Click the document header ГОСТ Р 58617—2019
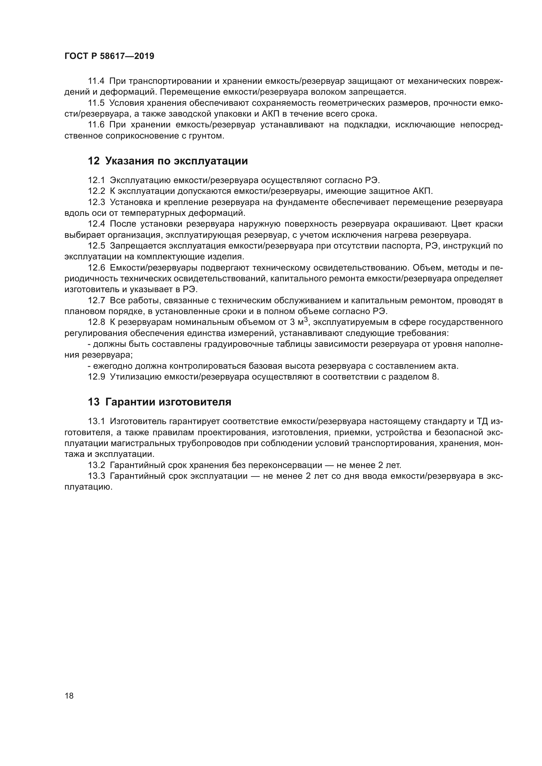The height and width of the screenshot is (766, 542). [109, 56]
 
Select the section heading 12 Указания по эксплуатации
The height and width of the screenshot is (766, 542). [168, 161]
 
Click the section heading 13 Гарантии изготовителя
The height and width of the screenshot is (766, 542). [160, 402]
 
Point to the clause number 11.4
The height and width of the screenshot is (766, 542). [96, 81]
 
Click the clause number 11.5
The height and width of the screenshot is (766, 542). [96, 103]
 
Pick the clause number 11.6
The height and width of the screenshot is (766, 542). [96, 125]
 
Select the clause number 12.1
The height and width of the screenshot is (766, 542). [96, 180]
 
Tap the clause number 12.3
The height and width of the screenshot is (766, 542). [96, 202]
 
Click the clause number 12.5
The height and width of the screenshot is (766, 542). [96, 246]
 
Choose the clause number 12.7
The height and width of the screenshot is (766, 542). [96, 301]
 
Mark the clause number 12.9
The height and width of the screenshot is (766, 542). [96, 377]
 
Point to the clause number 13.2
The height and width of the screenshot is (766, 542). [96, 465]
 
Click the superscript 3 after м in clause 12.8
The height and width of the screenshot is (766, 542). [306, 320]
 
